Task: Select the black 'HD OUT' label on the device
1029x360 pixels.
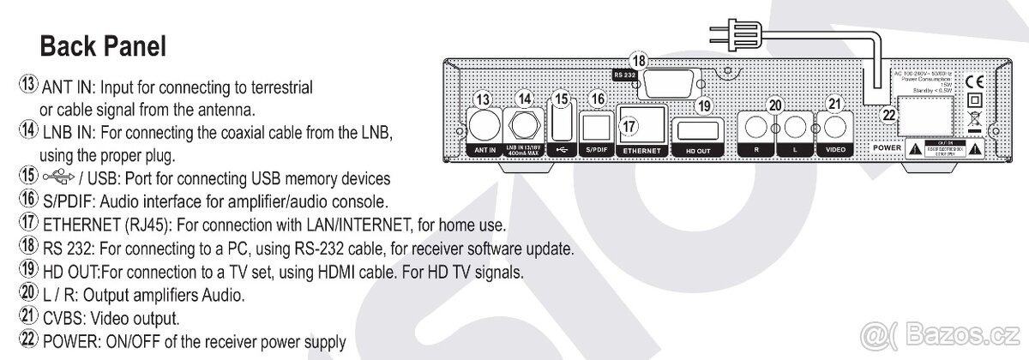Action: (700, 149)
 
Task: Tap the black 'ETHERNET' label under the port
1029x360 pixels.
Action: (642, 149)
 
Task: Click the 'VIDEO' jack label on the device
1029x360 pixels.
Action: (834, 149)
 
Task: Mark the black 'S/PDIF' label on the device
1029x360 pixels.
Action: (596, 149)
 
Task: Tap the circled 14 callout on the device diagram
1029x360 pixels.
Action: (525, 99)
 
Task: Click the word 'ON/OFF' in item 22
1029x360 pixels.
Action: (127, 342)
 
